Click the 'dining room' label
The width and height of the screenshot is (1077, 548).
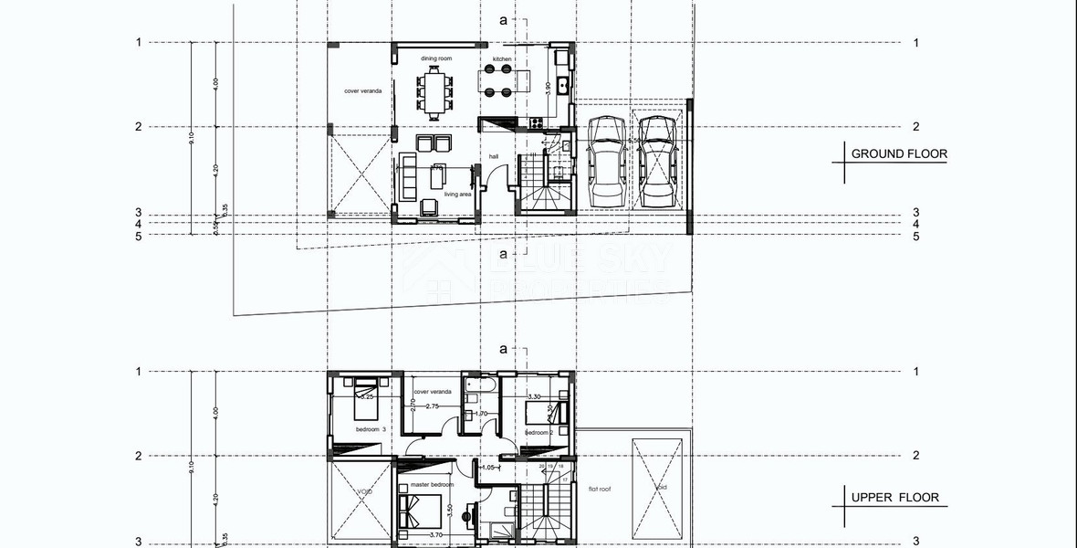(x=436, y=58)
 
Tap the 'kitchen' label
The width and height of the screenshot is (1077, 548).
(x=502, y=58)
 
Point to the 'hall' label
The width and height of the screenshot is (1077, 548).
(x=494, y=156)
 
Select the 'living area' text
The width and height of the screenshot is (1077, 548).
(x=457, y=195)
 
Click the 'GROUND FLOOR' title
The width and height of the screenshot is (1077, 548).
(x=898, y=154)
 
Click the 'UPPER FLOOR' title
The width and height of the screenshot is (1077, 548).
(x=894, y=498)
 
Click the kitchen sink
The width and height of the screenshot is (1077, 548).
(x=563, y=88)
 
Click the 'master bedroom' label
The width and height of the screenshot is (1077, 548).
(x=432, y=485)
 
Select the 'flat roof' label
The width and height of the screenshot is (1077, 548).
(x=600, y=490)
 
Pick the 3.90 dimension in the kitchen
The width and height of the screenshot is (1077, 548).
(x=547, y=88)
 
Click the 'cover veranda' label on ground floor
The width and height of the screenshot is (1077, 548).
(x=362, y=91)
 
